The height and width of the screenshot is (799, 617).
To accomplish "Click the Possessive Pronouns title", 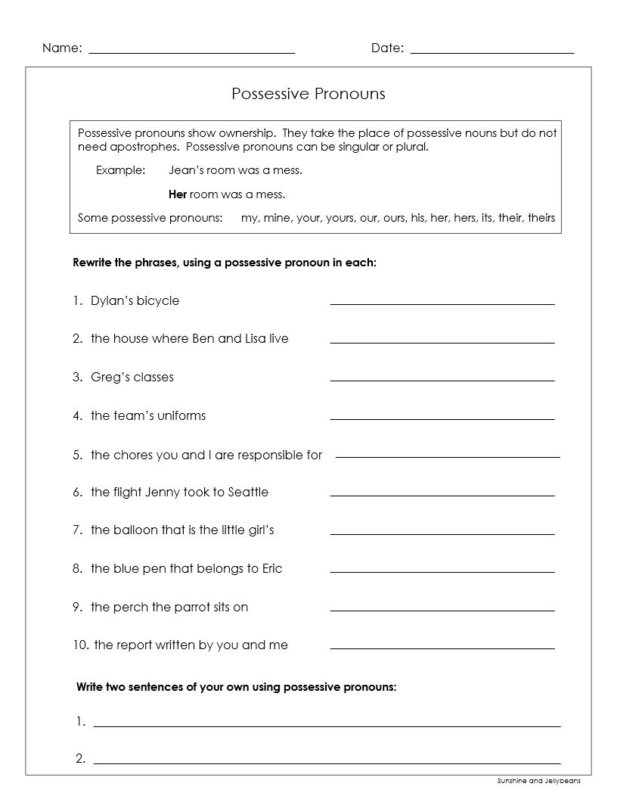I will tap(308, 94).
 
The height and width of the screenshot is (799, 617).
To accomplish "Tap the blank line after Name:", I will tap(192, 53).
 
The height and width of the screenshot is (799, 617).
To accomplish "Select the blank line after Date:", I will tap(492, 53).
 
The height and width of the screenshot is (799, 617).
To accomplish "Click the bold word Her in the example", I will tap(178, 194).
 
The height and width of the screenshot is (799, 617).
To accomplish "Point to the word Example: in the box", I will tap(120, 170).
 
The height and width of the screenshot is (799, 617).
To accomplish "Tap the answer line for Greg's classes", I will tap(442, 380).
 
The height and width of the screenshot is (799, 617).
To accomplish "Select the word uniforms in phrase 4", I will tap(181, 415).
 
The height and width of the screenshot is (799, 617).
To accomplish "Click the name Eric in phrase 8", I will tap(272, 568).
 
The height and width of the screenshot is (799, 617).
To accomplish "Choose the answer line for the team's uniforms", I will tap(442, 418).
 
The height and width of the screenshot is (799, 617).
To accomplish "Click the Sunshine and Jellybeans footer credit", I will tap(544, 781).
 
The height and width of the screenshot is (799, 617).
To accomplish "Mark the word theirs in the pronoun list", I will tap(541, 218).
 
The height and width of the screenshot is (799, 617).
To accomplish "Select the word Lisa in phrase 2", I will tap(256, 338).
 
